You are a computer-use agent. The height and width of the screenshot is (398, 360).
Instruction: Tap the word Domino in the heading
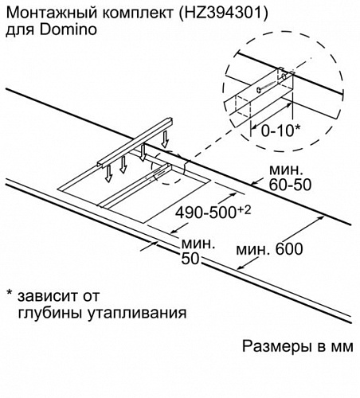point(68,29)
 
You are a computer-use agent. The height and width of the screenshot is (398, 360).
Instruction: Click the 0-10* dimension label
point(280,131)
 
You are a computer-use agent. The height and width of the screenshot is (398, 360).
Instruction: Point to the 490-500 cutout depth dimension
point(205,213)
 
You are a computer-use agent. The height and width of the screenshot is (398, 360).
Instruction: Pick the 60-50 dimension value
point(290,185)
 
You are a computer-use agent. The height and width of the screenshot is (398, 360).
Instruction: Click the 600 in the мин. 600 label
point(289,249)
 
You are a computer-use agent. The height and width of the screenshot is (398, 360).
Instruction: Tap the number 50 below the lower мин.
point(190,258)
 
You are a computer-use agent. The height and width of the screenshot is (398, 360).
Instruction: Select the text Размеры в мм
point(298,346)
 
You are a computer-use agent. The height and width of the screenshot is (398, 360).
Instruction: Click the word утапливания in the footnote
point(137,313)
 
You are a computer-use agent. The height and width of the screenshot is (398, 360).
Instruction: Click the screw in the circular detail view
point(265,87)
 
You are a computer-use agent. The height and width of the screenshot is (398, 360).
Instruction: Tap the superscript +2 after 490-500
point(244,210)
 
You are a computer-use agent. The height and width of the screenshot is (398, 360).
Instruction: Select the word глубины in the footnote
point(49,313)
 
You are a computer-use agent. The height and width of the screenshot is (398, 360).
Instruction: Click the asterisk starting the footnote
point(10,294)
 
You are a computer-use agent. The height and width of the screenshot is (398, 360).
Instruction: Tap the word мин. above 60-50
point(286,170)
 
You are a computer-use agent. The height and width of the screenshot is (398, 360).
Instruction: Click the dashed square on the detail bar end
point(243,106)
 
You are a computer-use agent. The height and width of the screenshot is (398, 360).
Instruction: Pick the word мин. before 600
point(253,250)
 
